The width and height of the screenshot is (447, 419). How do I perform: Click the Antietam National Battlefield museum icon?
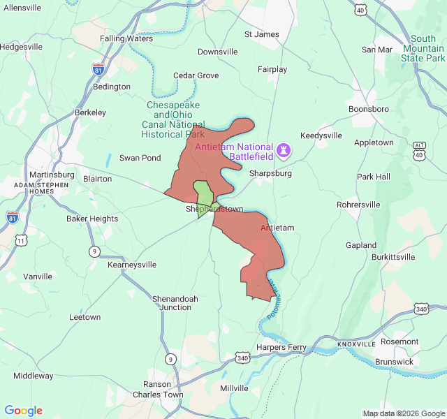click(x=284, y=149)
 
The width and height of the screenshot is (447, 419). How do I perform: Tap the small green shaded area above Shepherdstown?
click(x=203, y=193)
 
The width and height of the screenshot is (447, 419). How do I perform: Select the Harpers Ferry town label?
click(x=281, y=347)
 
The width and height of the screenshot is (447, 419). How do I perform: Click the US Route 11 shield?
click(x=22, y=240)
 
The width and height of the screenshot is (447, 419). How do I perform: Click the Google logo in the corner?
click(x=23, y=411)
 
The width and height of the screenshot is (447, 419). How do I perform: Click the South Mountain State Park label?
click(x=423, y=48)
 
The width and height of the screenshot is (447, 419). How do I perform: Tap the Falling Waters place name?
click(x=126, y=38)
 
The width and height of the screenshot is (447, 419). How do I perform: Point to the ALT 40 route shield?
click(x=419, y=149)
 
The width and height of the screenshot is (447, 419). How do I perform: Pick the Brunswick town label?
click(x=394, y=362)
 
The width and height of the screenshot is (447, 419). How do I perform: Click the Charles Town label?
click(x=158, y=395)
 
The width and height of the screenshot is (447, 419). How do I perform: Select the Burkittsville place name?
click(x=393, y=257)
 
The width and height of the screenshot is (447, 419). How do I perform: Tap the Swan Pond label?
click(x=140, y=158)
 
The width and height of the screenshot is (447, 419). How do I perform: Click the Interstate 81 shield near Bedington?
click(x=97, y=68)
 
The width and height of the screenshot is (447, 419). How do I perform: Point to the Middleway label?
click(x=33, y=376)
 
